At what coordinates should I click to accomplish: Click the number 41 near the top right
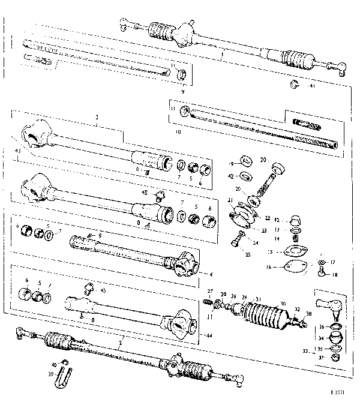click(x=311, y=86)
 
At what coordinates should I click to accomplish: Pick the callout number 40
click(x=54, y=364)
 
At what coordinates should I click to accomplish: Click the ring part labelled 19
click(x=245, y=161)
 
